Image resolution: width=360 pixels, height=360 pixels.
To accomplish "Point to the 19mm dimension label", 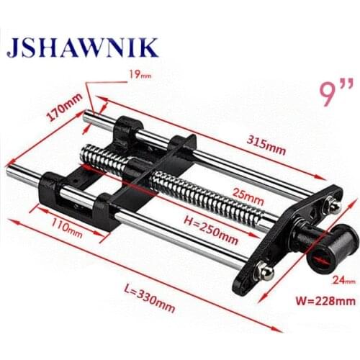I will [x=140, y=73].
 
